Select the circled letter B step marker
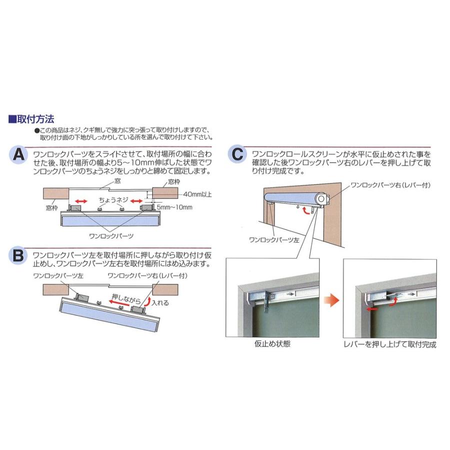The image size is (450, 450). pyautogui.click(x=18, y=256)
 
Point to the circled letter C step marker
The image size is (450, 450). pyautogui.click(x=238, y=154)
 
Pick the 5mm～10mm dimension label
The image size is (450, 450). pyautogui.click(x=174, y=205)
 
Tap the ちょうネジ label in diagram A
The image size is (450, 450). pyautogui.click(x=113, y=199)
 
